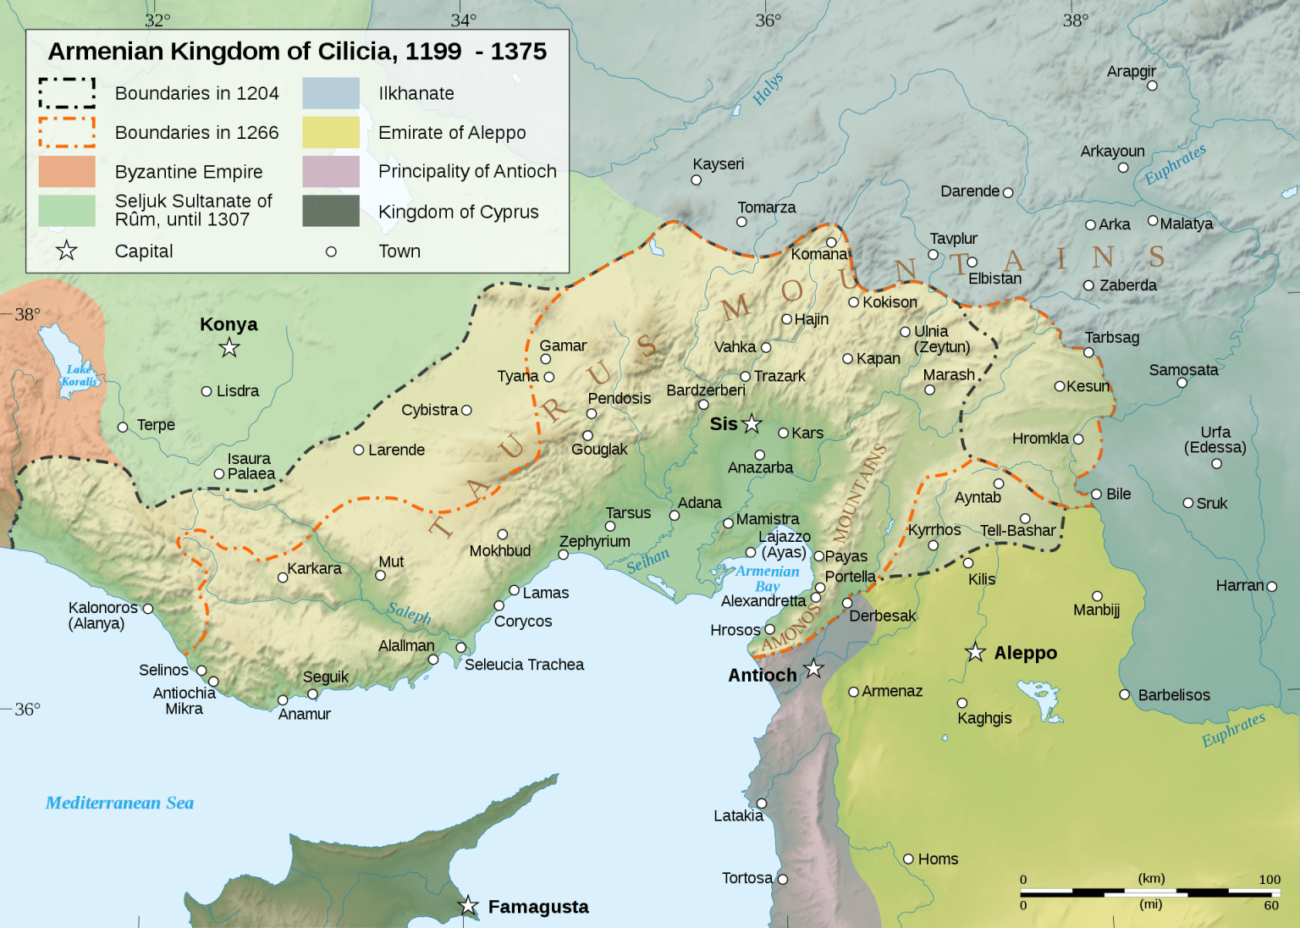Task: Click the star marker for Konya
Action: tap(229, 347)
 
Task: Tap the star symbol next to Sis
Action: tap(752, 423)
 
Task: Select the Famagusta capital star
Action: tap(468, 905)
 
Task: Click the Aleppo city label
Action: tap(1025, 653)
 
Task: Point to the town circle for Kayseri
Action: tap(697, 180)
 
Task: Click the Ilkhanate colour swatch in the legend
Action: tap(331, 93)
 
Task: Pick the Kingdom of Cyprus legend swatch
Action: tap(331, 211)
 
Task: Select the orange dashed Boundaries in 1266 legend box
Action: tap(67, 132)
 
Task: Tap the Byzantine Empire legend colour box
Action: tap(67, 172)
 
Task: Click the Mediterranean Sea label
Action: tap(119, 803)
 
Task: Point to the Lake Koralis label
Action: tap(80, 375)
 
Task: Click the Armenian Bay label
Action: tap(767, 578)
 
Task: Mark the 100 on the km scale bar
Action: tap(1269, 879)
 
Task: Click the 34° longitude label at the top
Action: tap(463, 20)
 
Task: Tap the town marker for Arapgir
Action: tap(1152, 86)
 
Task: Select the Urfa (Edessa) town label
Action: tap(1215, 439)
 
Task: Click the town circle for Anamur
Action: tap(283, 700)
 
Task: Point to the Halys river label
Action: tap(768, 89)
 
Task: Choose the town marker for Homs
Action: tap(909, 859)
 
